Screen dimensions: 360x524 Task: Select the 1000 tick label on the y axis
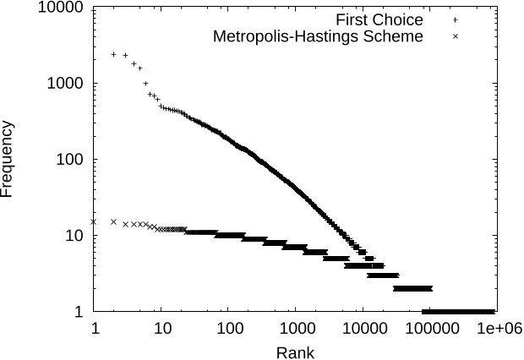tap(66, 85)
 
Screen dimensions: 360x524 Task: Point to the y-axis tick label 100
tap(70, 160)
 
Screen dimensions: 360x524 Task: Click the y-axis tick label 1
tap(79, 312)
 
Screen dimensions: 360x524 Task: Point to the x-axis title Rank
tap(296, 352)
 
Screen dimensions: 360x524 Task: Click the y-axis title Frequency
tap(8, 160)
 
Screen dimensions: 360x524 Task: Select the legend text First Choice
tap(379, 19)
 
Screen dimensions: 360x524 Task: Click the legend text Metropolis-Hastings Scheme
tap(318, 36)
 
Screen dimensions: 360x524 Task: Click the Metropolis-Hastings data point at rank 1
tap(94, 221)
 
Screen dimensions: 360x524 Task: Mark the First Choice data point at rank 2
tap(114, 54)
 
